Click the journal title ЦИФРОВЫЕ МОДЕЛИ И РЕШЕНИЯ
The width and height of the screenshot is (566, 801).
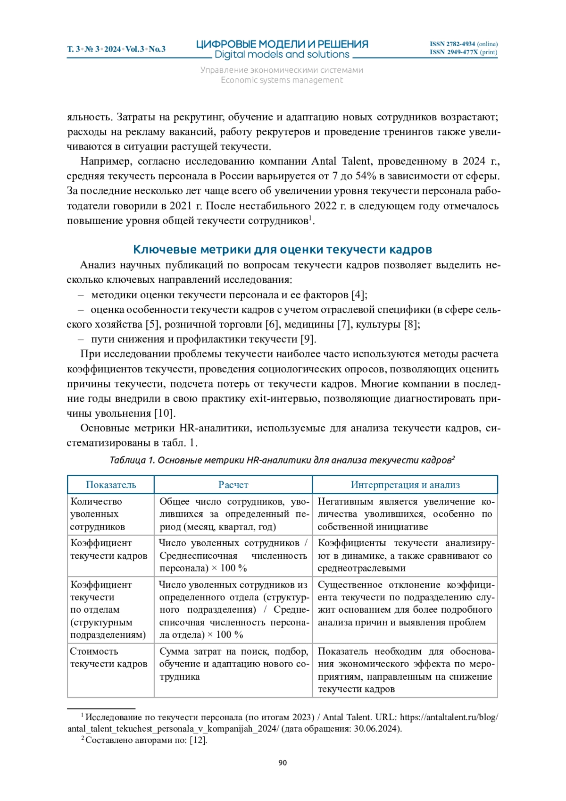point(282,44)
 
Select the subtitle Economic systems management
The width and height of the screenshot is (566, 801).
point(282,80)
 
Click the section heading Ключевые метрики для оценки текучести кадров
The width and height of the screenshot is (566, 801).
point(282,249)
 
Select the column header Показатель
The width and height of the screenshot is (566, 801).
point(111,485)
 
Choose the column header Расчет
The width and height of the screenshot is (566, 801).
point(233,485)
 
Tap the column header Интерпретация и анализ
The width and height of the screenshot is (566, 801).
point(405,485)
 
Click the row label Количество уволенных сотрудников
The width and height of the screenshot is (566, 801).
point(97,514)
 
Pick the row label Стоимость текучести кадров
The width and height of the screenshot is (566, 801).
point(108,658)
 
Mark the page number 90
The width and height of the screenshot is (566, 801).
point(283,763)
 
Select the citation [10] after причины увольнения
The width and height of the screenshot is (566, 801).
point(165,413)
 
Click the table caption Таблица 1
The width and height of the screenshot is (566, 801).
point(132,460)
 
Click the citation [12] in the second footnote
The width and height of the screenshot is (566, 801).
point(198,740)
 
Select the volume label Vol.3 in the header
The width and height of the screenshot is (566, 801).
point(135,49)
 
